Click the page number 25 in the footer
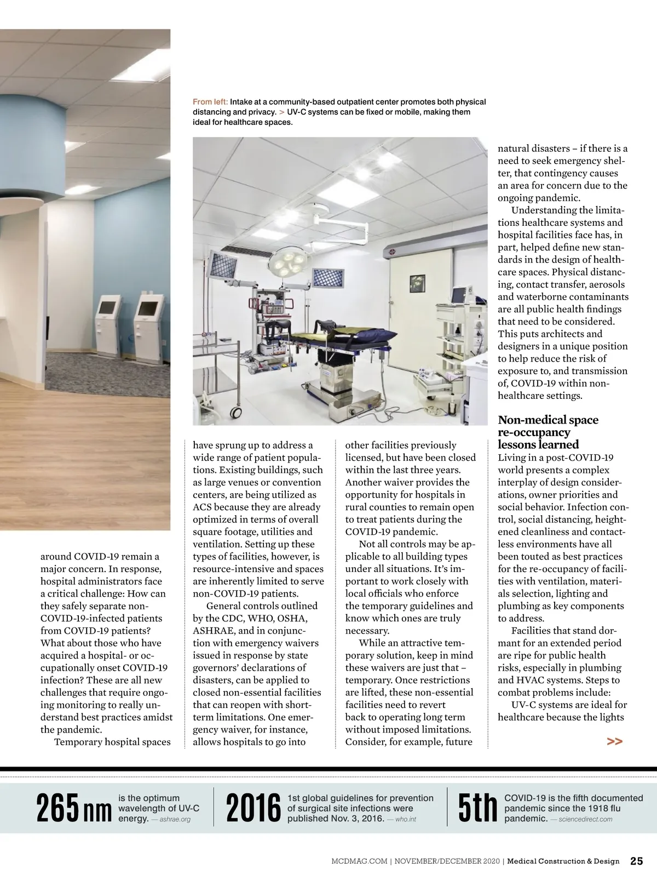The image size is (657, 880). tap(637, 861)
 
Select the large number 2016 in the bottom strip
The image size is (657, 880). tap(252, 809)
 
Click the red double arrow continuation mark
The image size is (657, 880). tap(615, 741)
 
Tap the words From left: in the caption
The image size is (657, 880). tap(210, 102)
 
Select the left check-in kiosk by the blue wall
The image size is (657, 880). tap(108, 323)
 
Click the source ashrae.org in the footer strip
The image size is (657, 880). tap(175, 820)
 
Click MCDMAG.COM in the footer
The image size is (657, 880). tap(359, 861)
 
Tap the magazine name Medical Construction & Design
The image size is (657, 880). tap(563, 861)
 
